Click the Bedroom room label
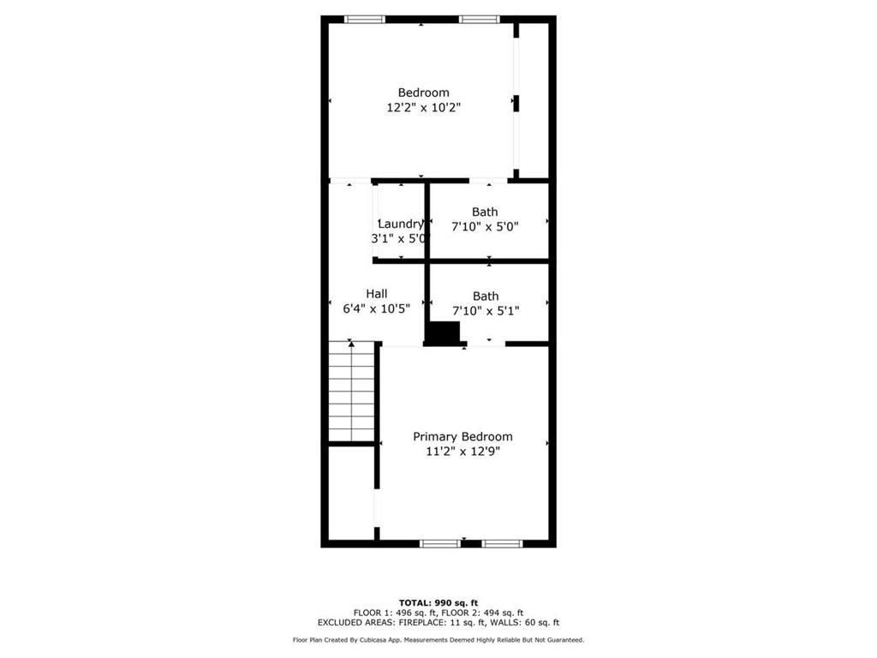pos(423,93)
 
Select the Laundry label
pos(400,224)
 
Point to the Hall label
pos(377,293)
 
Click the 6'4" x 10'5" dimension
pos(377,308)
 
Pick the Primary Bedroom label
pos(462,436)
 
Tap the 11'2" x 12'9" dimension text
pos(462,452)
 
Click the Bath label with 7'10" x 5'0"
pos(485,212)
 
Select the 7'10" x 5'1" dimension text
pos(486,311)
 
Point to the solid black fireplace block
pos(444,334)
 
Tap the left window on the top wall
pos(364,19)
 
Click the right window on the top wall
pos(480,19)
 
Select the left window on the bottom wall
pos(440,543)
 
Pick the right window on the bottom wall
pos(502,543)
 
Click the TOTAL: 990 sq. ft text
pos(438,602)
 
